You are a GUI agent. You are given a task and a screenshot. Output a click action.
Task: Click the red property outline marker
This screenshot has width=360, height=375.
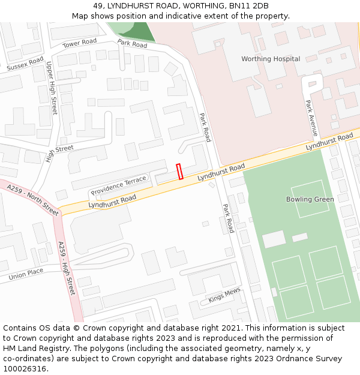179,171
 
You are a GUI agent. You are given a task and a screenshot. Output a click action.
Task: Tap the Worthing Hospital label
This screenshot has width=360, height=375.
271,59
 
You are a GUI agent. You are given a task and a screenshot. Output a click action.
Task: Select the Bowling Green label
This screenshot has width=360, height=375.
310,199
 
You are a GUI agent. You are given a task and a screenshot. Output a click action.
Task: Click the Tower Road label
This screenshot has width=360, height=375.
80,43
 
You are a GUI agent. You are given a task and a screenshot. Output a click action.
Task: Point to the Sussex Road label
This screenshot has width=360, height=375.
25,64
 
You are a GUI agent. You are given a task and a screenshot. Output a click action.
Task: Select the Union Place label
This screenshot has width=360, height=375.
26,274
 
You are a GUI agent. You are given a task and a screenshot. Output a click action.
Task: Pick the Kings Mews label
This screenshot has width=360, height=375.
224,295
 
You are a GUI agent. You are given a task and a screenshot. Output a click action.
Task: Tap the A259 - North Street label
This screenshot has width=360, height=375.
33,200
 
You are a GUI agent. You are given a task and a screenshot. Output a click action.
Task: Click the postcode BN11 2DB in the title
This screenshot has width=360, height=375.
252,6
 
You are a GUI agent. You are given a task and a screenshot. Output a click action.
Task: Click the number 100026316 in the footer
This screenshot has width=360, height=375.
25,369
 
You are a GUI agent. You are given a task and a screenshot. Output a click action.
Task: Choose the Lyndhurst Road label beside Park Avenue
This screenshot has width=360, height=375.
329,142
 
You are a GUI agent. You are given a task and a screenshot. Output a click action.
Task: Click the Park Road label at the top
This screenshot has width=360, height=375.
132,44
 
